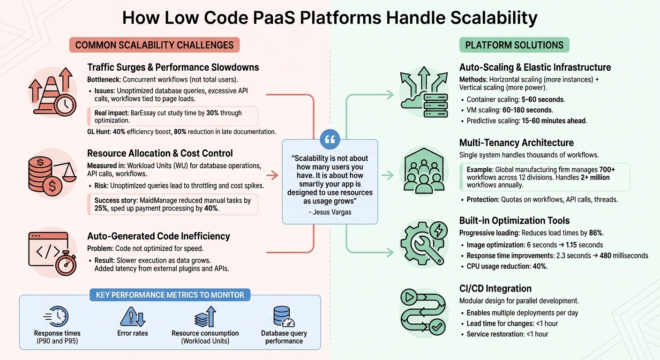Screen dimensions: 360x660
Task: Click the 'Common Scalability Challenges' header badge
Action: pyautogui.click(x=154, y=45)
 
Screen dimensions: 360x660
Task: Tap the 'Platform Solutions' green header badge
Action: pyautogui.click(x=514, y=45)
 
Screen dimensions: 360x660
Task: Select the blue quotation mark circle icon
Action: pyautogui.click(x=330, y=139)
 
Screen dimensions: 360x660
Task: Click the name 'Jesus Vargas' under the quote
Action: pyautogui.click(x=330, y=212)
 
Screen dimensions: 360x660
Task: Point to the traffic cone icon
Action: pyautogui.click(x=52, y=91)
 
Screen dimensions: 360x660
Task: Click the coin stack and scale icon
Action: pyautogui.click(x=52, y=172)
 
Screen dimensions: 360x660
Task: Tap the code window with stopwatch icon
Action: pyautogui.click(x=52, y=252)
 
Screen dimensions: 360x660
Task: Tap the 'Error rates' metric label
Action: pyautogui.click(x=133, y=333)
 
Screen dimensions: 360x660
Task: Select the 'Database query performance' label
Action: pyautogui.click(x=284, y=337)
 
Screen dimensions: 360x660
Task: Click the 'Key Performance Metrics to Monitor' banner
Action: pyautogui.click(x=170, y=295)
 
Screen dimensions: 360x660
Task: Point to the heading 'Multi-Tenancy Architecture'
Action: pyautogui.click(x=517, y=143)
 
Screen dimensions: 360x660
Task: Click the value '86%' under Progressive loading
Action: pyautogui.click(x=596, y=233)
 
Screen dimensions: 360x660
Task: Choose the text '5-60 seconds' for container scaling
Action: pyautogui.click(x=543, y=99)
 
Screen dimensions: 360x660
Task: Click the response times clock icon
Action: pyautogui.click(x=56, y=316)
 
